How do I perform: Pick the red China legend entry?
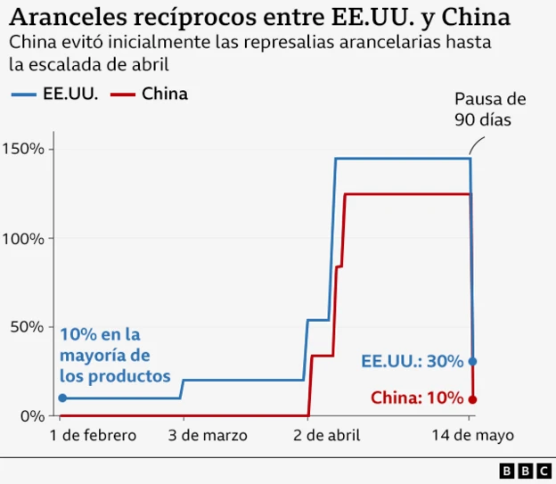(x=151, y=93)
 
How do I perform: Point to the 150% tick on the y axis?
(x=24, y=149)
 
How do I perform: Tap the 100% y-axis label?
(x=24, y=238)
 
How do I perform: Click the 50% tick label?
(x=28, y=327)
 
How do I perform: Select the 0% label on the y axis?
(x=32, y=416)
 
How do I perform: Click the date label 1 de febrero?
(x=94, y=436)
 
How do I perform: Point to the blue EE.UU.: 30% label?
(x=412, y=361)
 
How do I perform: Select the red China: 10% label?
(x=417, y=398)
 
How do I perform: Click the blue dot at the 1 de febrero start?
(x=62, y=398)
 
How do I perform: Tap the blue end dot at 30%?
(x=472, y=361)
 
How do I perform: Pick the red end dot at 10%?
(x=472, y=399)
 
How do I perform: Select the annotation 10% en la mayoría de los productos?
(x=115, y=355)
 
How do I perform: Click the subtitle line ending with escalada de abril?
(x=88, y=64)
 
